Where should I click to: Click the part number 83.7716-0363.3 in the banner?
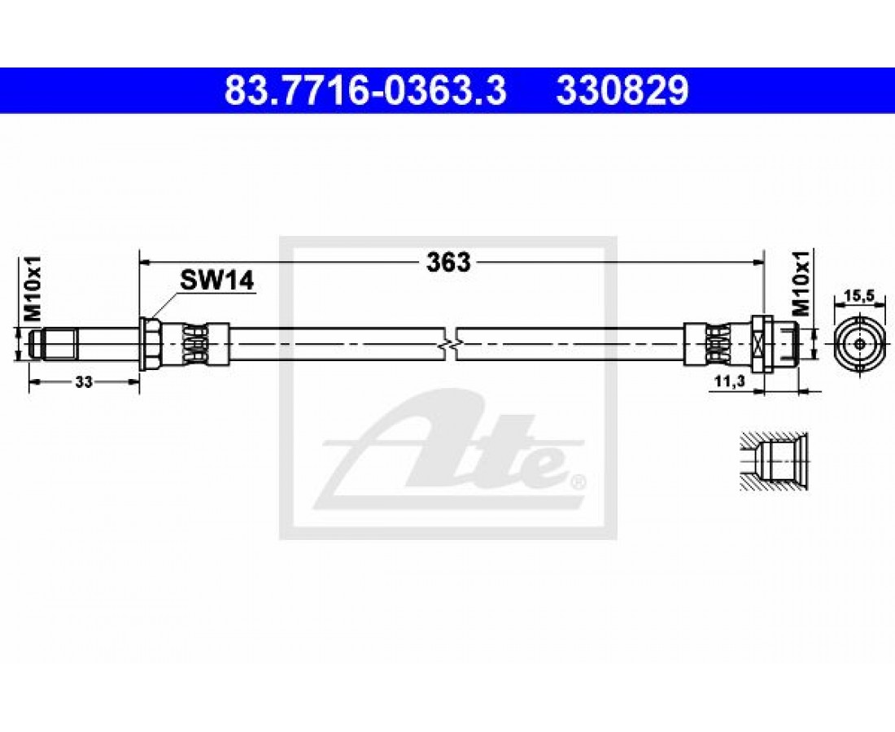(x=365, y=91)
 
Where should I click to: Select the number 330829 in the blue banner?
(x=622, y=91)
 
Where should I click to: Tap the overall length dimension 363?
(x=448, y=263)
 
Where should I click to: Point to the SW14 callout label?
(x=217, y=281)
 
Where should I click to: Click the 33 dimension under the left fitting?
(x=84, y=383)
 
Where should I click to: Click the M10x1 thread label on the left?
(x=33, y=289)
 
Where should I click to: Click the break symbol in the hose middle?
(x=450, y=344)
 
